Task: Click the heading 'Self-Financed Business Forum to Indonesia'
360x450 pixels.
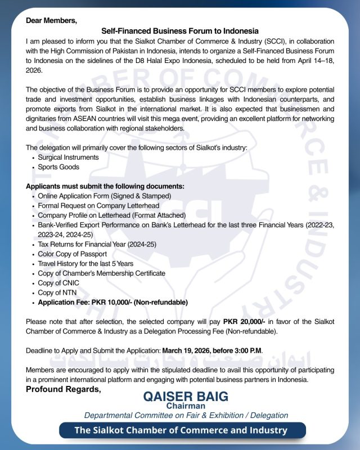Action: (180, 31)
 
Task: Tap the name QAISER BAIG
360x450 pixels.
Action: (186, 396)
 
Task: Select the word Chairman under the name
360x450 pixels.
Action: (186, 406)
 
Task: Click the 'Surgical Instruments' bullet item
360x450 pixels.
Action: (68, 157)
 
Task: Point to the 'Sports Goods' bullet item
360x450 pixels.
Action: (58, 167)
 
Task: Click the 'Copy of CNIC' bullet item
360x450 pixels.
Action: (58, 283)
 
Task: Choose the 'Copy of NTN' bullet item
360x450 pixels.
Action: (57, 292)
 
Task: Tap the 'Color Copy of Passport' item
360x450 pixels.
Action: (73, 254)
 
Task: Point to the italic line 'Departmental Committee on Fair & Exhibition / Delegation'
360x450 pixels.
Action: (186, 415)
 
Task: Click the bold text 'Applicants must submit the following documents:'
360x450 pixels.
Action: (105, 186)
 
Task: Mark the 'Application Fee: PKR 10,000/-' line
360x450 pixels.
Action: (112, 302)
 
